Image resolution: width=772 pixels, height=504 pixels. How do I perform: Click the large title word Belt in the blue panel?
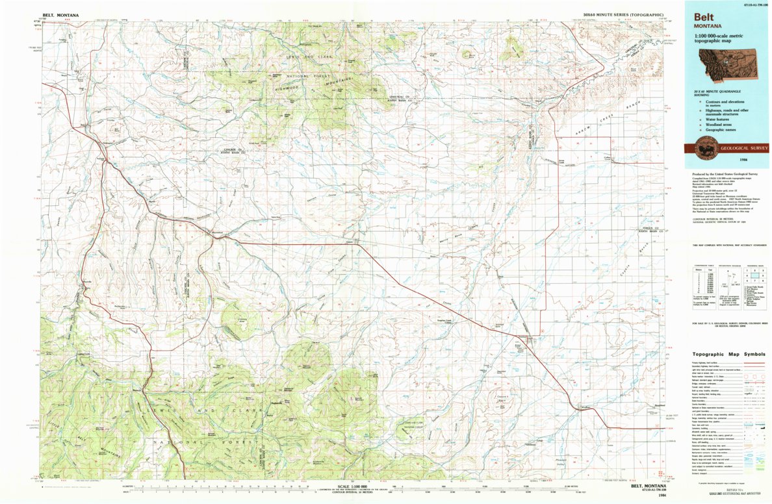(705, 18)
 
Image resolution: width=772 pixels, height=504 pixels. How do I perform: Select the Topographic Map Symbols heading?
(728, 355)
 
